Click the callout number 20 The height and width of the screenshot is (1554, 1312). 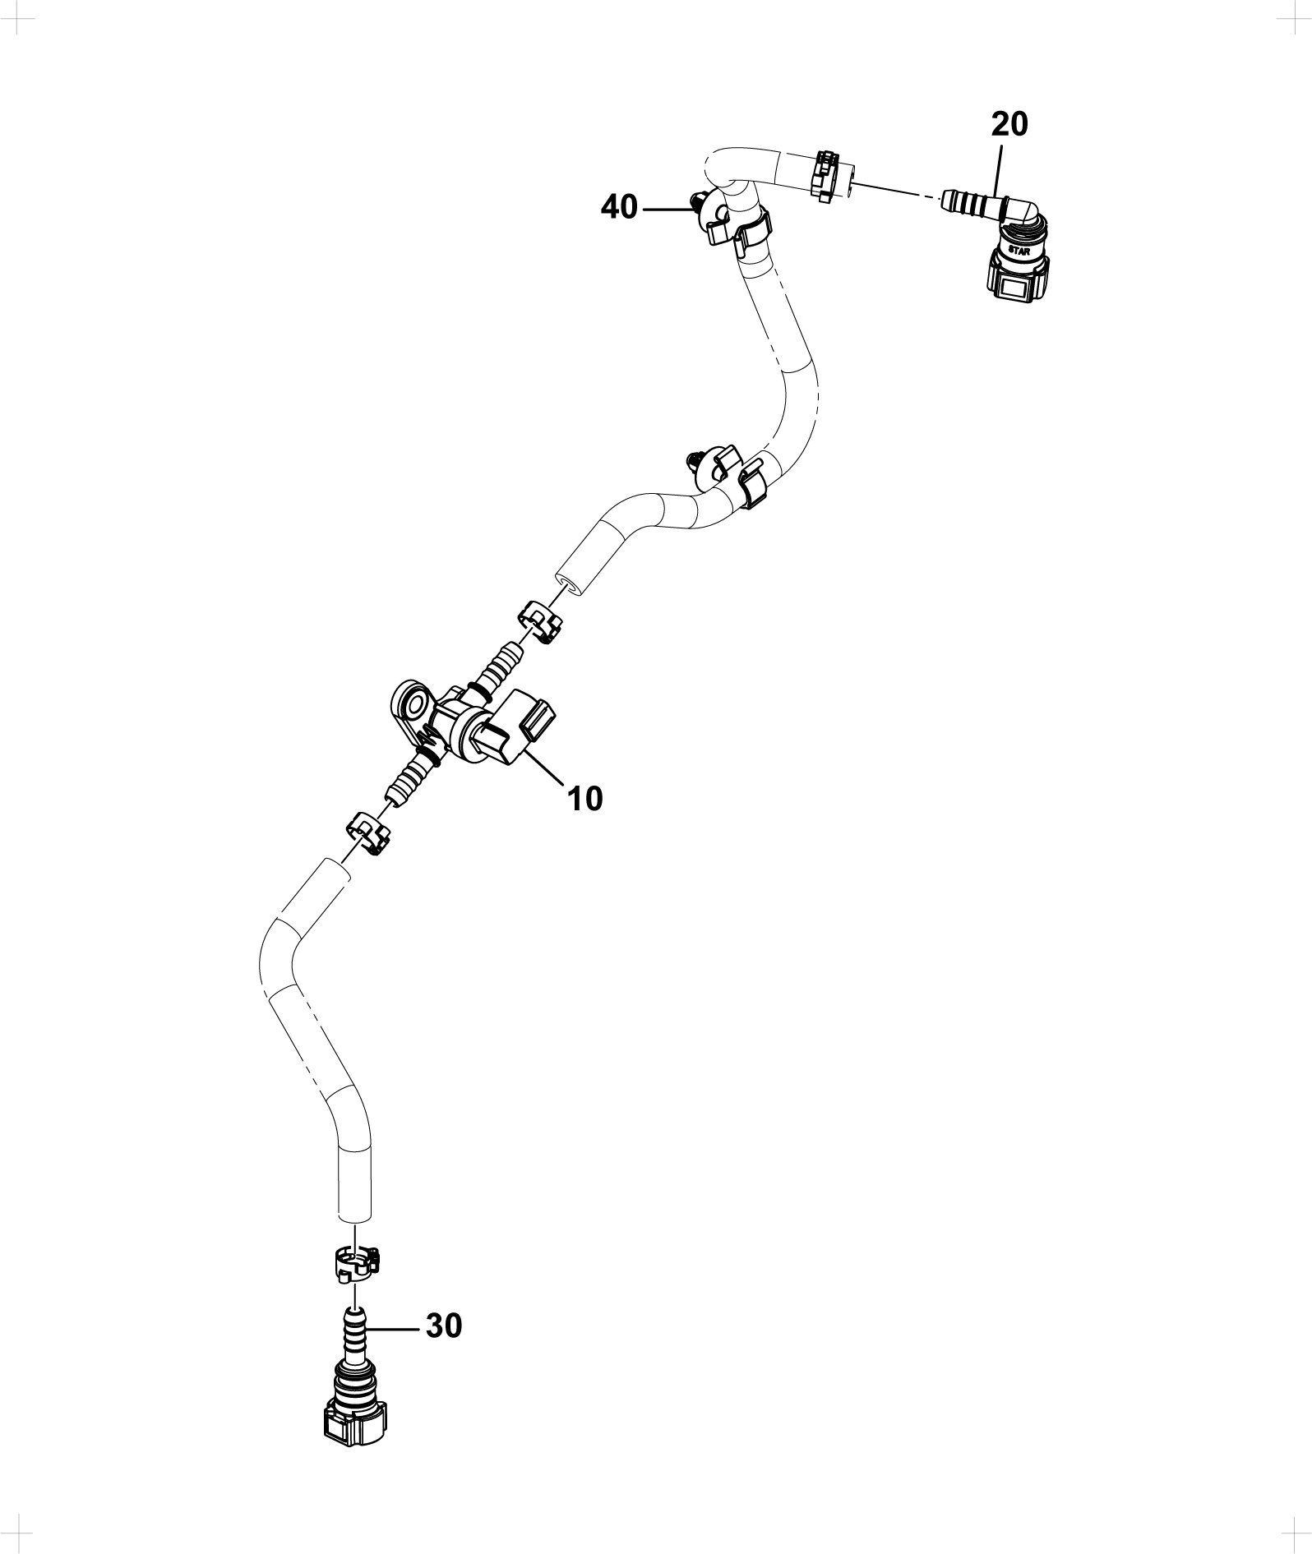1009,124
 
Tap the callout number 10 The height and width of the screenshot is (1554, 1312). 585,798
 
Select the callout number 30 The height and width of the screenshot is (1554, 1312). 444,1326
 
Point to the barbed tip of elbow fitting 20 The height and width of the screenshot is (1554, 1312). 945,197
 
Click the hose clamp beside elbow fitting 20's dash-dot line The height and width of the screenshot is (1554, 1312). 828,174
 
